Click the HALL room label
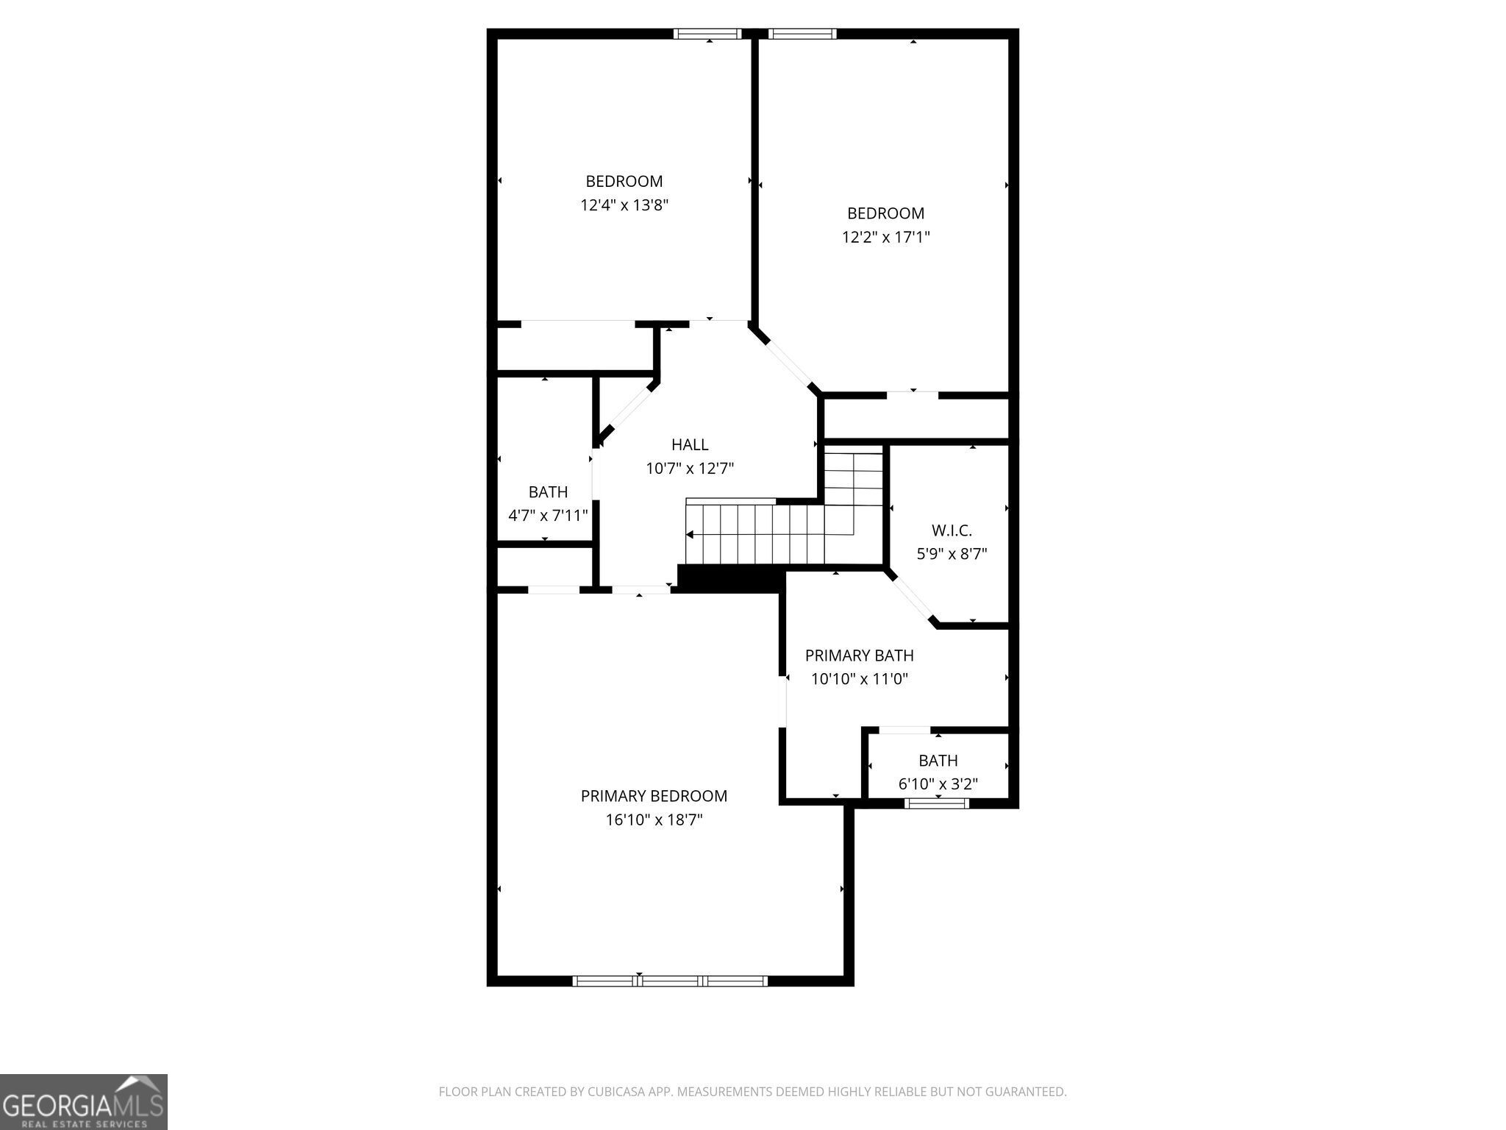[x=690, y=444]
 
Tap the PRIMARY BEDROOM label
[x=654, y=796]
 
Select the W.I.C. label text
[x=952, y=530]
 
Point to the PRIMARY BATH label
[x=859, y=655]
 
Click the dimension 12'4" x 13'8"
[x=624, y=205]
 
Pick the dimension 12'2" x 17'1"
[x=885, y=237]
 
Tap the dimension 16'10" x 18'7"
[x=654, y=820]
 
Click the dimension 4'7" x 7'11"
[x=548, y=516]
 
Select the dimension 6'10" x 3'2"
[x=938, y=784]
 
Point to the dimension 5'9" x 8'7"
[x=952, y=554]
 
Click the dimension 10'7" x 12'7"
[x=690, y=469]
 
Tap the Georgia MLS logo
[x=83, y=1101]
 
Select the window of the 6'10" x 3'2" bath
[x=937, y=803]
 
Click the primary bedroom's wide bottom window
[x=670, y=981]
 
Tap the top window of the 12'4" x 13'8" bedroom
[x=707, y=33]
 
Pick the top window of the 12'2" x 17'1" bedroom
[x=802, y=33]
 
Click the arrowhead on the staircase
[x=690, y=534]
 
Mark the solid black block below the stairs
[x=728, y=578]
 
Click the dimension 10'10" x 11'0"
[x=859, y=679]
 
